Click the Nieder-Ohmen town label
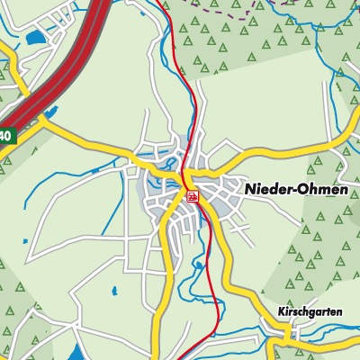tap(296, 190)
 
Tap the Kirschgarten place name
tap(310, 311)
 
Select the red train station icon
tap(193, 195)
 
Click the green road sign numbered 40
tap(5, 136)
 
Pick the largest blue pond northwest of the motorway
tap(33, 39)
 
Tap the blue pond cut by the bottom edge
tap(77, 353)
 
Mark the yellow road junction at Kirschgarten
tap(288, 335)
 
